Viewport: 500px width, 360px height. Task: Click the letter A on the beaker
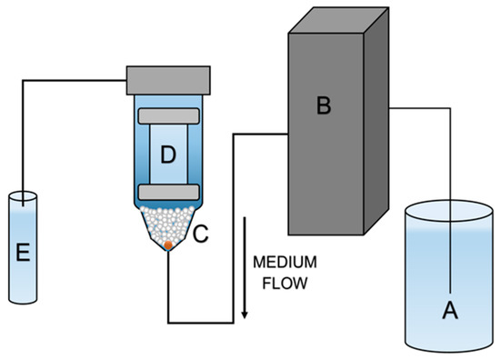coord(447,310)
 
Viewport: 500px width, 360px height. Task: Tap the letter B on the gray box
coord(322,107)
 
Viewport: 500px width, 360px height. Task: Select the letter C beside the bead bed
coord(201,235)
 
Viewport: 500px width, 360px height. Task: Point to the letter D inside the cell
coord(168,155)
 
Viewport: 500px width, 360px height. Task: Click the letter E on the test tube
coord(22,252)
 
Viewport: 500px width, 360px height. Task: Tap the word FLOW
coord(284,283)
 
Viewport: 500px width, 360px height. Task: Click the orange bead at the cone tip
coord(168,245)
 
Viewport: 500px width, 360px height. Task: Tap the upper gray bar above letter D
coord(168,116)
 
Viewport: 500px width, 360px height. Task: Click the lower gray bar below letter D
coord(168,192)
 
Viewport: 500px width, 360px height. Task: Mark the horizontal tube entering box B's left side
coord(259,135)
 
